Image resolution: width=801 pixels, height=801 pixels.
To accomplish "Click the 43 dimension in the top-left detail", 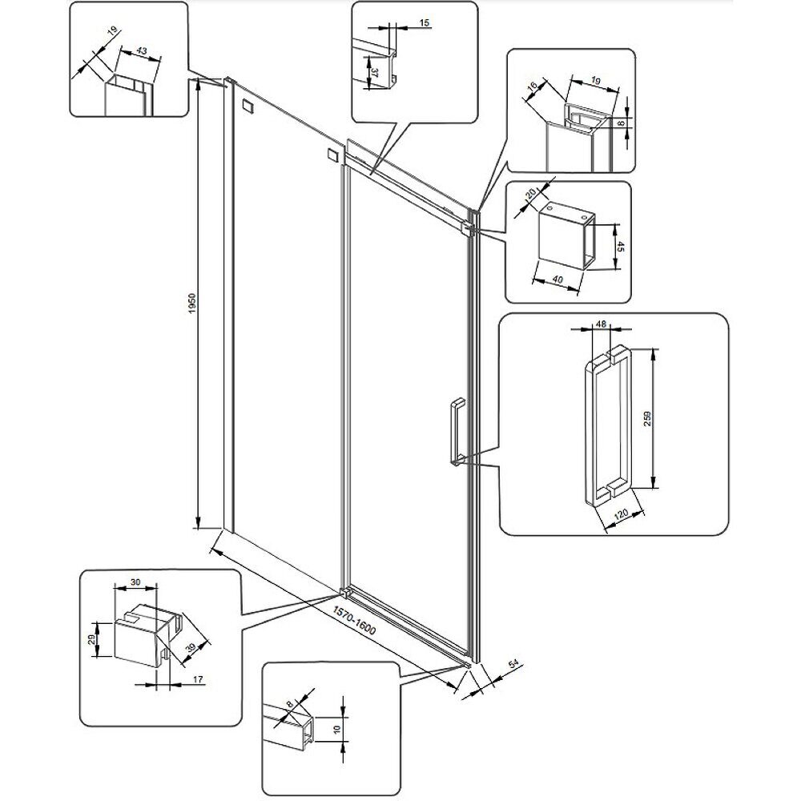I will tap(142, 51).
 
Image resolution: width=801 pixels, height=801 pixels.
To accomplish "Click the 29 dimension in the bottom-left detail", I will tap(93, 638).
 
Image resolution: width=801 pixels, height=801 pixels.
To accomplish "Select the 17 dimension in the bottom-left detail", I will tap(199, 680).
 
